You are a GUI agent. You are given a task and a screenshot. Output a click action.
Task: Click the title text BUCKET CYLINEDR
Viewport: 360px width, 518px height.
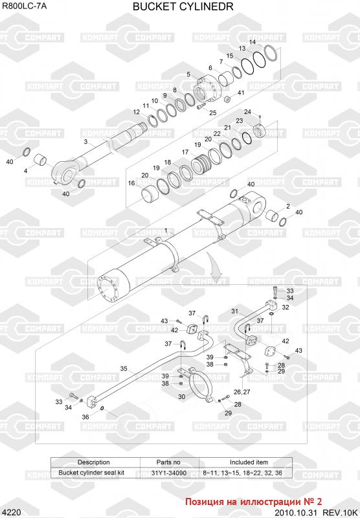(x=183, y=6)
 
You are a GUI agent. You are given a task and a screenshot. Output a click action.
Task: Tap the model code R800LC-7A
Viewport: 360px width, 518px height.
(x=24, y=5)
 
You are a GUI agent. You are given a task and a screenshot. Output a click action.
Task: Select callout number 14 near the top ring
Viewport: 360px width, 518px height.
(x=253, y=42)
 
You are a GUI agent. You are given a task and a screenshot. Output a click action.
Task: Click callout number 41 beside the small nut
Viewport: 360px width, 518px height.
(x=241, y=93)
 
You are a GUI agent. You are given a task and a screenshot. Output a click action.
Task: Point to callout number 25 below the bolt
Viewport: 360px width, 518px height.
(x=212, y=113)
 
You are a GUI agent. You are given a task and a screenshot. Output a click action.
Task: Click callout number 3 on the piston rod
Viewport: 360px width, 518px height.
(x=86, y=141)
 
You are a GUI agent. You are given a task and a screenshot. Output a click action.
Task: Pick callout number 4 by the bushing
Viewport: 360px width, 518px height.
(x=25, y=171)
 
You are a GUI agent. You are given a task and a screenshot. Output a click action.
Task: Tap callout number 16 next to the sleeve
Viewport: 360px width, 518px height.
(x=131, y=183)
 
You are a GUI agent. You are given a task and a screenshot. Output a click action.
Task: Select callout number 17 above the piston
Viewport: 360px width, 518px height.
(x=185, y=152)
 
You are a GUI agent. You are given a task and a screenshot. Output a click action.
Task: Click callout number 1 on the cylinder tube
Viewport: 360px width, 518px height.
(x=166, y=231)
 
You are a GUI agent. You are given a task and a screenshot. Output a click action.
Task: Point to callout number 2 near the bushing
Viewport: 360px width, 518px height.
(x=288, y=206)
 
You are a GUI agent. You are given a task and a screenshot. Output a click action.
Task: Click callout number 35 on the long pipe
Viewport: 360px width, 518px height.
(x=124, y=368)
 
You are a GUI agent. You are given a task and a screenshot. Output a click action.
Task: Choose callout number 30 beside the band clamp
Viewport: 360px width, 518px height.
(x=182, y=396)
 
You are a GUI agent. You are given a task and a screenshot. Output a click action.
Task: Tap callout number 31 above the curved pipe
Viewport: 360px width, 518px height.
(x=234, y=311)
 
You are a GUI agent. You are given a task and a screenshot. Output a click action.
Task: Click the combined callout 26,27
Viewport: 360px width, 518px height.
(x=242, y=392)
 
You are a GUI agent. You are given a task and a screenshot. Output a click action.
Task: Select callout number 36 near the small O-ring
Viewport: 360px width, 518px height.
(x=85, y=417)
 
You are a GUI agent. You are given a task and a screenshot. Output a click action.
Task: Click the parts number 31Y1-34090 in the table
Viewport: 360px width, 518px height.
(x=169, y=473)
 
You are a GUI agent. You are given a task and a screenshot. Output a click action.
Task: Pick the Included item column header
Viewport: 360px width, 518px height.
(x=249, y=462)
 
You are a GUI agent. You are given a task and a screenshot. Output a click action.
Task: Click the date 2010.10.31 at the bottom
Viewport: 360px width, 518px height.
(x=296, y=512)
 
